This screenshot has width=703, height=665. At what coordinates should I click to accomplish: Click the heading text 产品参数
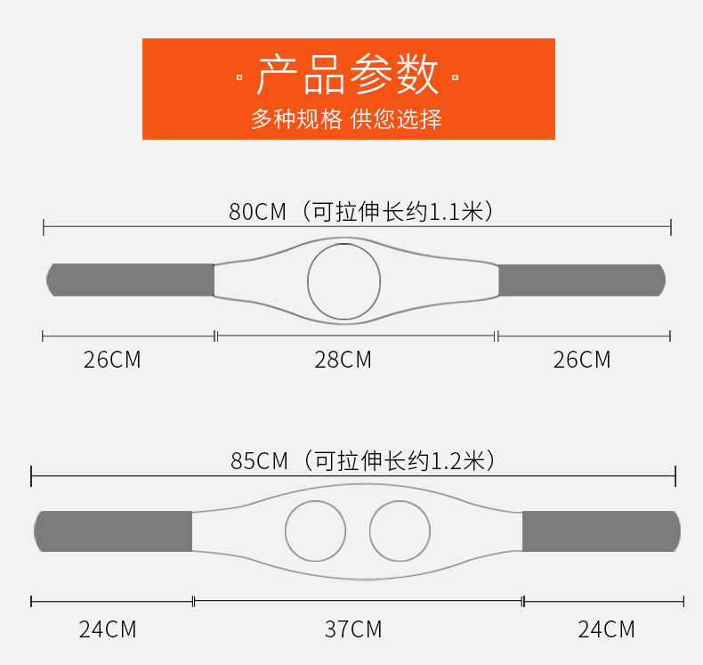tap(348, 75)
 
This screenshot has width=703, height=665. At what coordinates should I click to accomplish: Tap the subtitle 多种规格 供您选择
tap(346, 119)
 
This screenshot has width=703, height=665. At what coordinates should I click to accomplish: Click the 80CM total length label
tap(258, 212)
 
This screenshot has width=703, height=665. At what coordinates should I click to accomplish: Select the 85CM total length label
tap(260, 461)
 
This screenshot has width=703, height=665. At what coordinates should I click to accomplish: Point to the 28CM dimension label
tap(343, 360)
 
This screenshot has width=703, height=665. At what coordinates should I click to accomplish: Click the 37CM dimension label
tap(352, 629)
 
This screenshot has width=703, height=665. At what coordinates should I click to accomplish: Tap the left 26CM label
tap(112, 360)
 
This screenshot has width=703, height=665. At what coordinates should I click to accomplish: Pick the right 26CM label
tap(582, 360)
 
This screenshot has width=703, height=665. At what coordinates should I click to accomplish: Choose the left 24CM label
tap(108, 629)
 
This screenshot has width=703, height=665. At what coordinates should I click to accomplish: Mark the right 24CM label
tap(606, 629)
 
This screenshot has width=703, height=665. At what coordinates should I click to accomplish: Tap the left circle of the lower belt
tap(315, 531)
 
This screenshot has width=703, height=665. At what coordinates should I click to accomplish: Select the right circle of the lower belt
tap(400, 531)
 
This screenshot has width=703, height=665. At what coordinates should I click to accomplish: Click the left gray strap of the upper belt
tap(131, 280)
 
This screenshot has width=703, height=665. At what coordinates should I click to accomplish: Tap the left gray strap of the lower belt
tap(113, 531)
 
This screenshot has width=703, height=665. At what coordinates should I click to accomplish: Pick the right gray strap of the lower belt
tap(601, 531)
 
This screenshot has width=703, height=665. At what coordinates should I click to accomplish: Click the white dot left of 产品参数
tap(239, 78)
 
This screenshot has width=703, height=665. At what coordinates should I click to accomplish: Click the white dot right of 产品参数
tap(456, 78)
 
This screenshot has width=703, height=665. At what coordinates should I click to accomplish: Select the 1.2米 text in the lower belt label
tap(457, 461)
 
